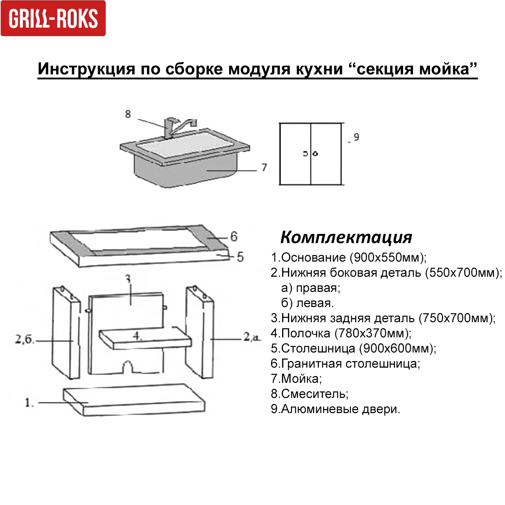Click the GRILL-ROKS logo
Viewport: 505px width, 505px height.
53,18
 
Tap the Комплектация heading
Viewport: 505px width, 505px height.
346,238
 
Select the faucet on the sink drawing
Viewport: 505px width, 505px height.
178,127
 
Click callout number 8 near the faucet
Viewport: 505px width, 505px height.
128,114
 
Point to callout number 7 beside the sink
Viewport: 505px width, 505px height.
264,167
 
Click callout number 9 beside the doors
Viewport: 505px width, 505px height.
357,137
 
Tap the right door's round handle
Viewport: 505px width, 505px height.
315,154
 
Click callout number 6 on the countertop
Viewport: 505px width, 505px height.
234,237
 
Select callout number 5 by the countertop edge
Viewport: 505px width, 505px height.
240,257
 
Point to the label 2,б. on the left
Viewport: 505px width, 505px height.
25,339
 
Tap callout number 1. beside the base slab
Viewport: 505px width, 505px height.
29,402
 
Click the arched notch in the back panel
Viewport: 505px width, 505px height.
127,367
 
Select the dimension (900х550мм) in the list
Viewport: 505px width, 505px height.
388,258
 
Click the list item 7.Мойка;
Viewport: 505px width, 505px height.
296,379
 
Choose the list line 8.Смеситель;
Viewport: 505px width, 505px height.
310,394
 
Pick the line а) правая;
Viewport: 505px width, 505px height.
311,288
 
